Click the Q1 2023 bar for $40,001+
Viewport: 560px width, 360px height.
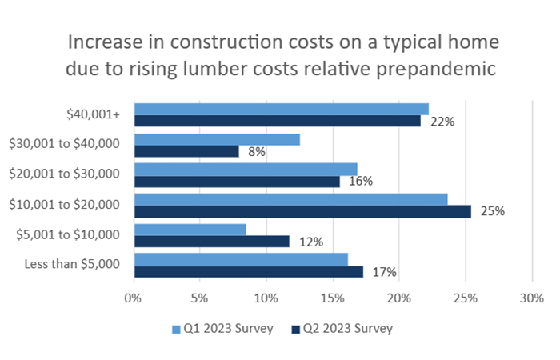pos(281,109)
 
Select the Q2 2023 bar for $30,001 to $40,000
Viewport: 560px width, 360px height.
pos(186,151)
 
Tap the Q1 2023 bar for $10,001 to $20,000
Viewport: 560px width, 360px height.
pos(290,199)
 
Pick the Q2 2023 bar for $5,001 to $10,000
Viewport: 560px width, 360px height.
pos(211,242)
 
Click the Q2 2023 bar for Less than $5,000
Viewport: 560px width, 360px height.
pos(248,271)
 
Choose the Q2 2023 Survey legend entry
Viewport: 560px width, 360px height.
pos(342,328)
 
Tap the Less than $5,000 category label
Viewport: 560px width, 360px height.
pos(72,265)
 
